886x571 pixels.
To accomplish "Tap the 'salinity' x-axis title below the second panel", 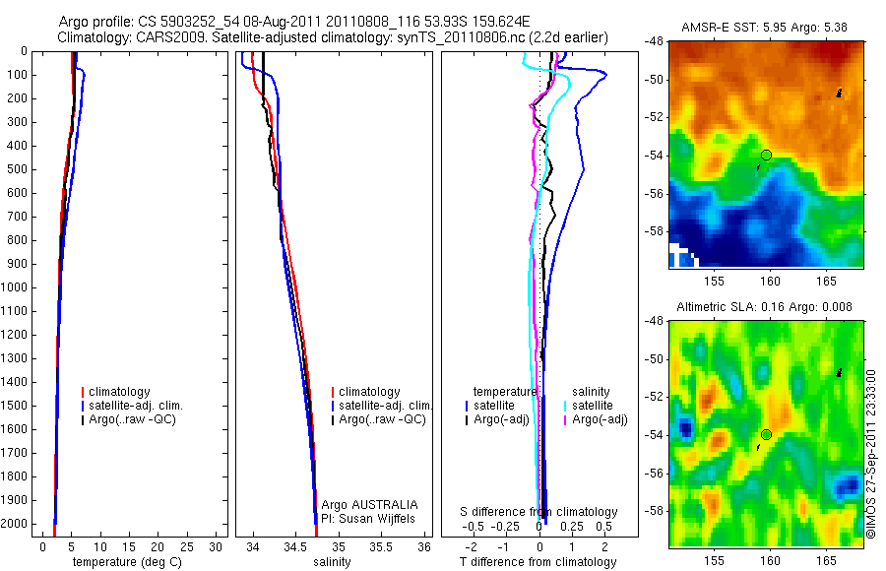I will pyautogui.click(x=331, y=562).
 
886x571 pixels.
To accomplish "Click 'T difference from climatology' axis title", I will pyautogui.click(x=538, y=562).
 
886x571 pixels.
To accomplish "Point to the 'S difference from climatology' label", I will pyautogui.click(x=539, y=512).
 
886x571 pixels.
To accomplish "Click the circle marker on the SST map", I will pyautogui.click(x=766, y=155).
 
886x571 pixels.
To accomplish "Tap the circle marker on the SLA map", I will pyautogui.click(x=766, y=434).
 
